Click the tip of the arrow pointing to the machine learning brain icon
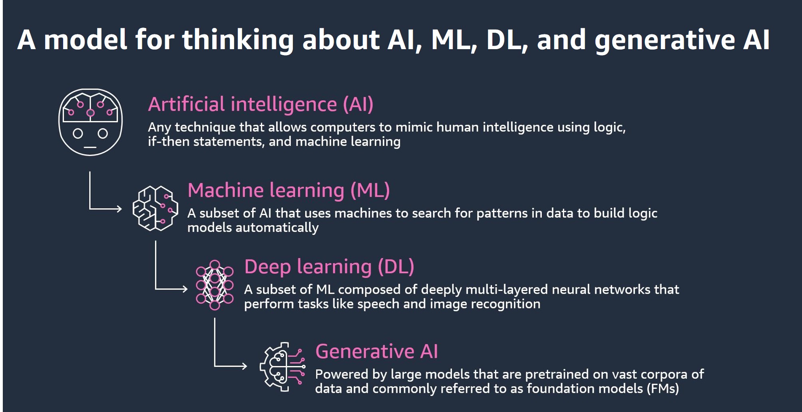coord(121,209)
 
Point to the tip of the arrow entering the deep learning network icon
coord(187,289)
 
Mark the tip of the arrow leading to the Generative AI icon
coord(247,366)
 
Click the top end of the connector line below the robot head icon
coord(90,172)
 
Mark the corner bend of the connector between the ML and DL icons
coord(155,289)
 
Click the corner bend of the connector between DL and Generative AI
coord(215,366)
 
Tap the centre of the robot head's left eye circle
coord(78,133)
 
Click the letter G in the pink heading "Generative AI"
coord(323,352)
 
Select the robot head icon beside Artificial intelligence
coord(90,122)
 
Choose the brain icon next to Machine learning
coord(155,208)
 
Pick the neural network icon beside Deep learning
coord(215,285)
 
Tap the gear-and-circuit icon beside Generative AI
coord(282,366)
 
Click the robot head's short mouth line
coord(90,147)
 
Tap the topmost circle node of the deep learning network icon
coord(215,265)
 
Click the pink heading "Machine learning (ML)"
coord(289,190)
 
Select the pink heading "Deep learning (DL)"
coord(329,267)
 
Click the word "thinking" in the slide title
coord(238,40)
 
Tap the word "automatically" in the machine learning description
coord(277,228)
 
